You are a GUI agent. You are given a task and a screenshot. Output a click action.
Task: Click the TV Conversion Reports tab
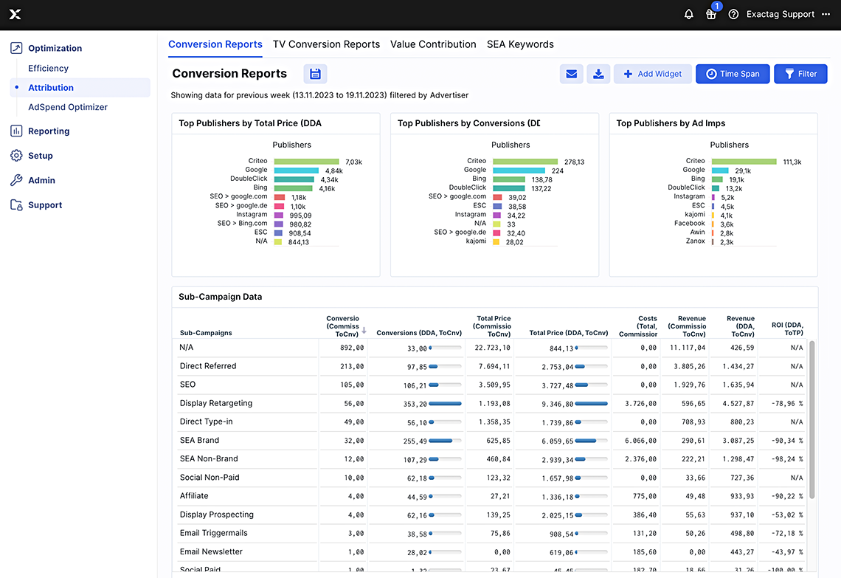pos(326,44)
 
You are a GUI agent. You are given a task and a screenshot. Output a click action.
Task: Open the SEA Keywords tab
pos(520,44)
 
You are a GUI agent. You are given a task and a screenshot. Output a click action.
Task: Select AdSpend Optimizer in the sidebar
pos(68,107)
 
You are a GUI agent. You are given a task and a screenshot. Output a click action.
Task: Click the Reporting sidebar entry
pos(49,131)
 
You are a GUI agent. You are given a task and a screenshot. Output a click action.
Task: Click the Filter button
pos(800,74)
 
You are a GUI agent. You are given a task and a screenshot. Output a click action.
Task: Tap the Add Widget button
pos(652,74)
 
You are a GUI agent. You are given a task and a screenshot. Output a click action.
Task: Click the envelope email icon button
pos(571,74)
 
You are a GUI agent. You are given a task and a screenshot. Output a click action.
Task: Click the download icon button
pos(598,74)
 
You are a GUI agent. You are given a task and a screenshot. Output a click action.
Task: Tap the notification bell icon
pos(689,14)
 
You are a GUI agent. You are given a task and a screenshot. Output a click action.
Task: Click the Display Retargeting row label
pos(216,403)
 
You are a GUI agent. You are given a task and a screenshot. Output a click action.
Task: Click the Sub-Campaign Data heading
pos(221,297)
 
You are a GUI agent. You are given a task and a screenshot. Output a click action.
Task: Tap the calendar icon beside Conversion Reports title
pos(315,74)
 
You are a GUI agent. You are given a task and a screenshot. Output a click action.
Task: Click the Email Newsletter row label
pos(211,551)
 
